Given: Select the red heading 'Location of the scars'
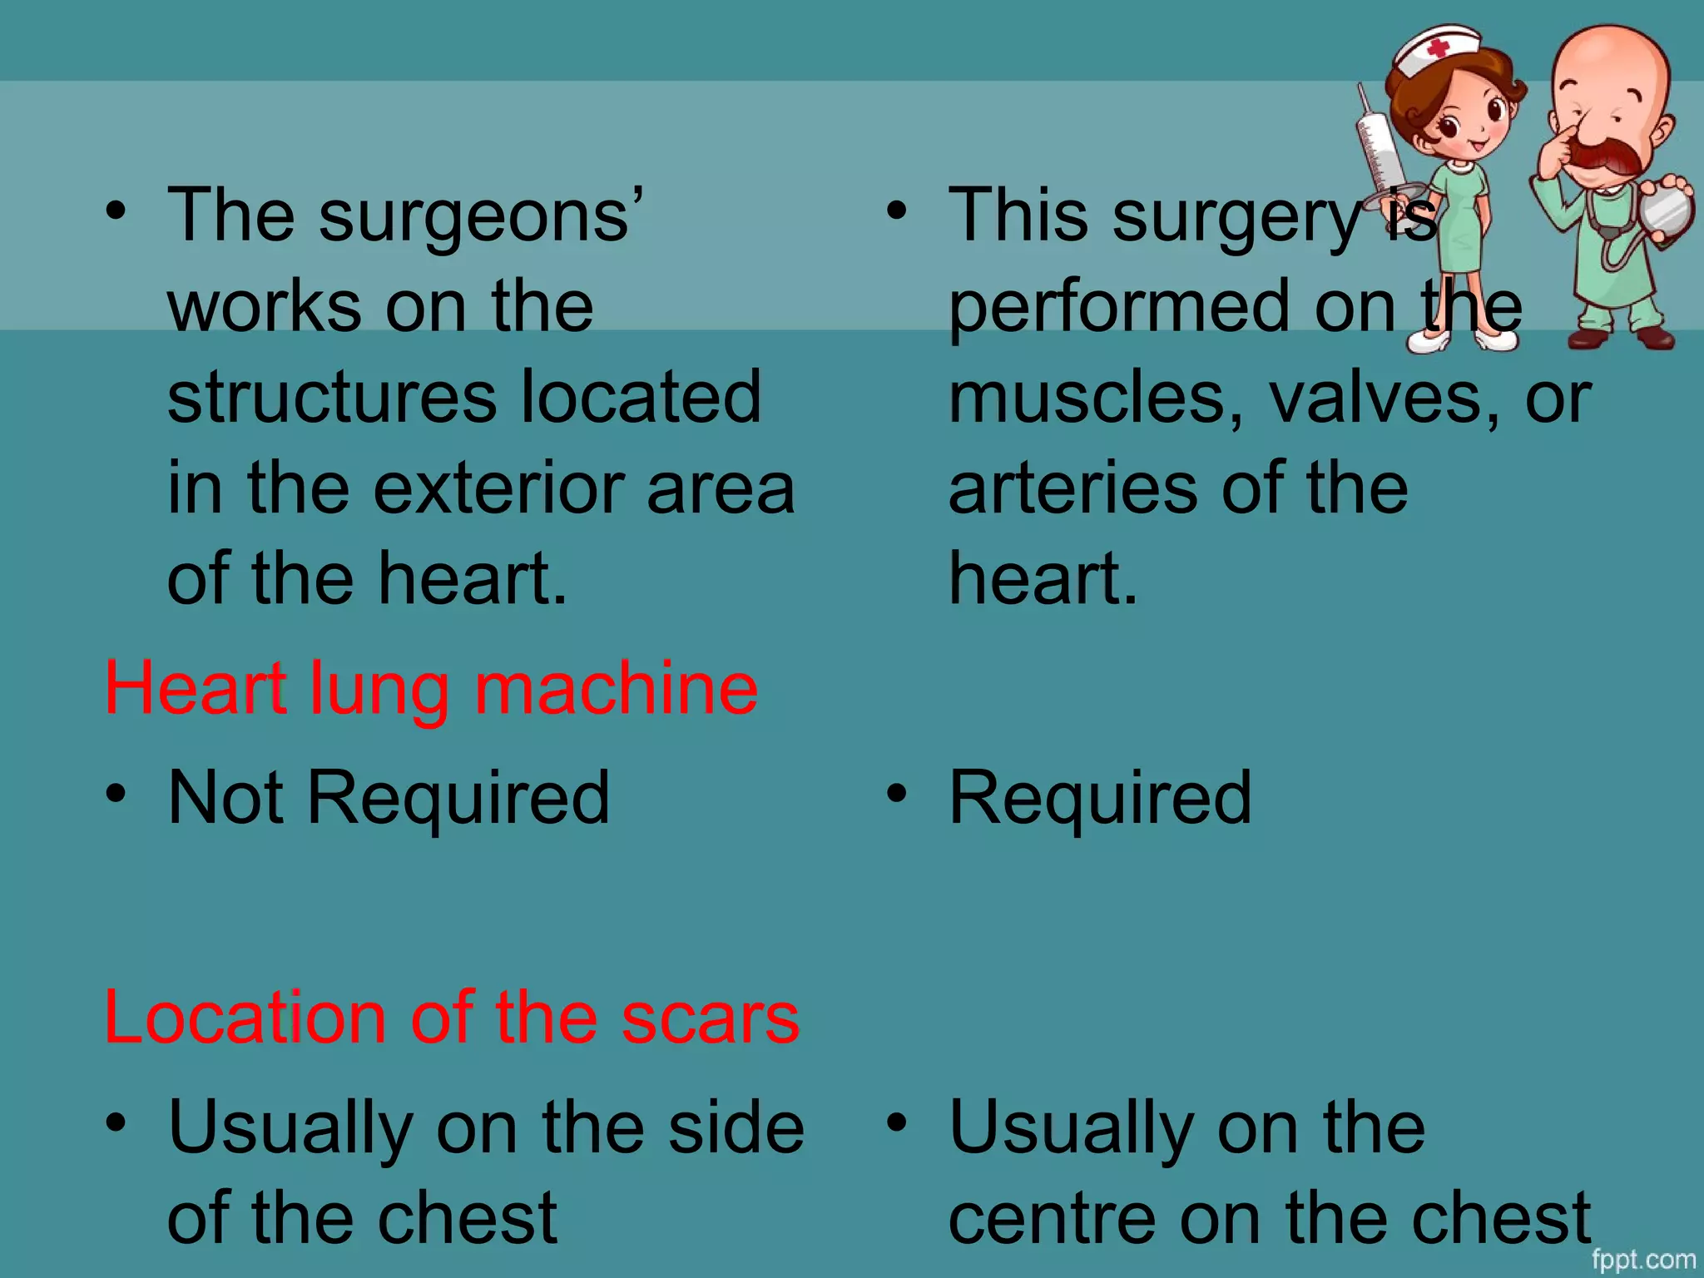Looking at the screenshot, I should [452, 1018].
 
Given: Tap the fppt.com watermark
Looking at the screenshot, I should [1643, 1260].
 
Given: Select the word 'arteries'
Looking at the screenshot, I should [1073, 488].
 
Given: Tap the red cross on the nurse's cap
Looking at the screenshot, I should [1438, 47].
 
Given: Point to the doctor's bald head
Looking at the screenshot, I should [1610, 58].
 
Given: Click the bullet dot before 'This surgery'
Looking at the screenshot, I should [896, 211].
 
